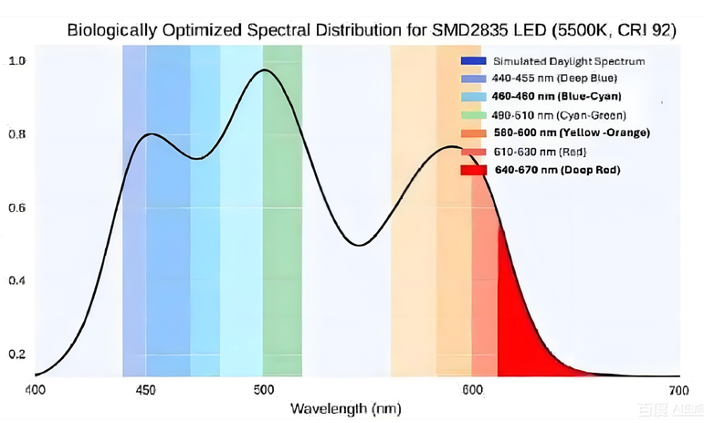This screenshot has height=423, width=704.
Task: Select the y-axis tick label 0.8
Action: pyautogui.click(x=16, y=134)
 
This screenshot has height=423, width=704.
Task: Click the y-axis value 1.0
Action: pyautogui.click(x=16, y=61)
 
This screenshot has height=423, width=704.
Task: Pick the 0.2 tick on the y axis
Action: pyautogui.click(x=16, y=354)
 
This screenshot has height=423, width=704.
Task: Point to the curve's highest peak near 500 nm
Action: pyautogui.click(x=265, y=70)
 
